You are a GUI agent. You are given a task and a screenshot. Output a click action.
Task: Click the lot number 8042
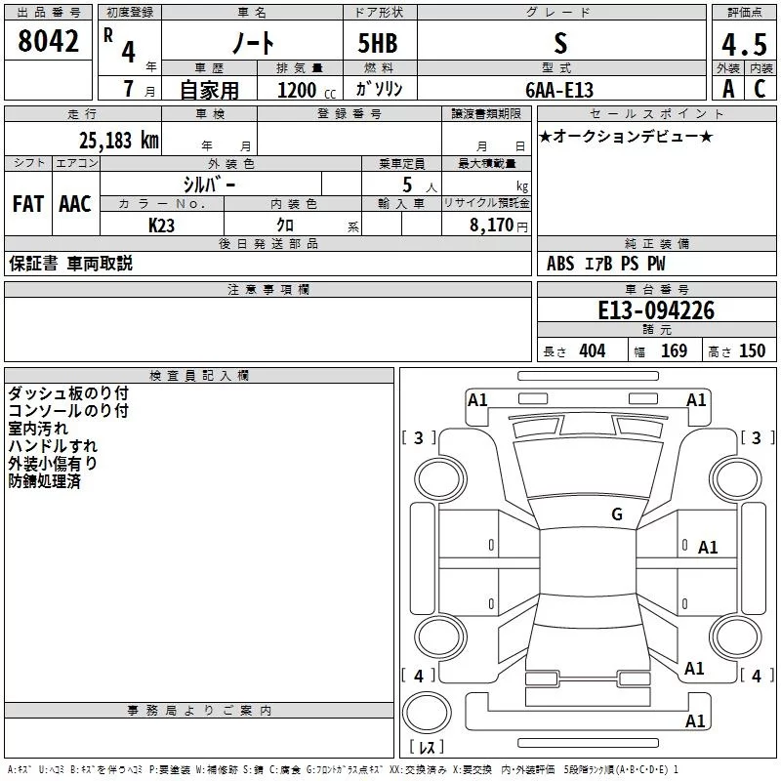pyautogui.click(x=48, y=42)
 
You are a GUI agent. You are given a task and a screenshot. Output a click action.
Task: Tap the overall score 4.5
pyautogui.click(x=744, y=44)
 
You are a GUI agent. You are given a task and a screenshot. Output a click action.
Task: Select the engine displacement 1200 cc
pyautogui.click(x=304, y=91)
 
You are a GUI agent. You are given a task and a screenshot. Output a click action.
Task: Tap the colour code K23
pyautogui.click(x=162, y=224)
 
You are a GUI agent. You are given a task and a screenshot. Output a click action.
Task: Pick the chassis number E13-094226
pyautogui.click(x=656, y=310)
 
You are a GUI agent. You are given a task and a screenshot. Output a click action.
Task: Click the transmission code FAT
pyautogui.click(x=28, y=204)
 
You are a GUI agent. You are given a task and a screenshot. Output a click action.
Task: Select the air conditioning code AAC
pyautogui.click(x=75, y=204)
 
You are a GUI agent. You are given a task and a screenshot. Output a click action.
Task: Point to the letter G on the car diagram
pyautogui.click(x=616, y=514)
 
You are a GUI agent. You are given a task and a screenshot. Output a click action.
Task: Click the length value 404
pyautogui.click(x=592, y=351)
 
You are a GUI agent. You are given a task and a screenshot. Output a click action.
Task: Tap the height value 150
pyautogui.click(x=752, y=351)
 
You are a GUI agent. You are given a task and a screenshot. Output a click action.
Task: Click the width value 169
pyautogui.click(x=674, y=351)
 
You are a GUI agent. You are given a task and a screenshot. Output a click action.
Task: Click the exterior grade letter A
pyautogui.click(x=728, y=90)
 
